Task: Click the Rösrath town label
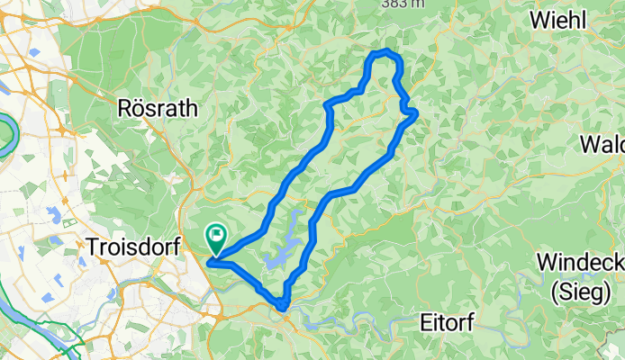click(x=158, y=108)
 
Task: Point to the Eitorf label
click(x=453, y=321)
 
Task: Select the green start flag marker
click(x=217, y=237)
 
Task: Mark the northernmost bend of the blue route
click(x=385, y=51)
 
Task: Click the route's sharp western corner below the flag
click(x=210, y=263)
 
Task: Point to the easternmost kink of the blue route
click(x=415, y=112)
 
